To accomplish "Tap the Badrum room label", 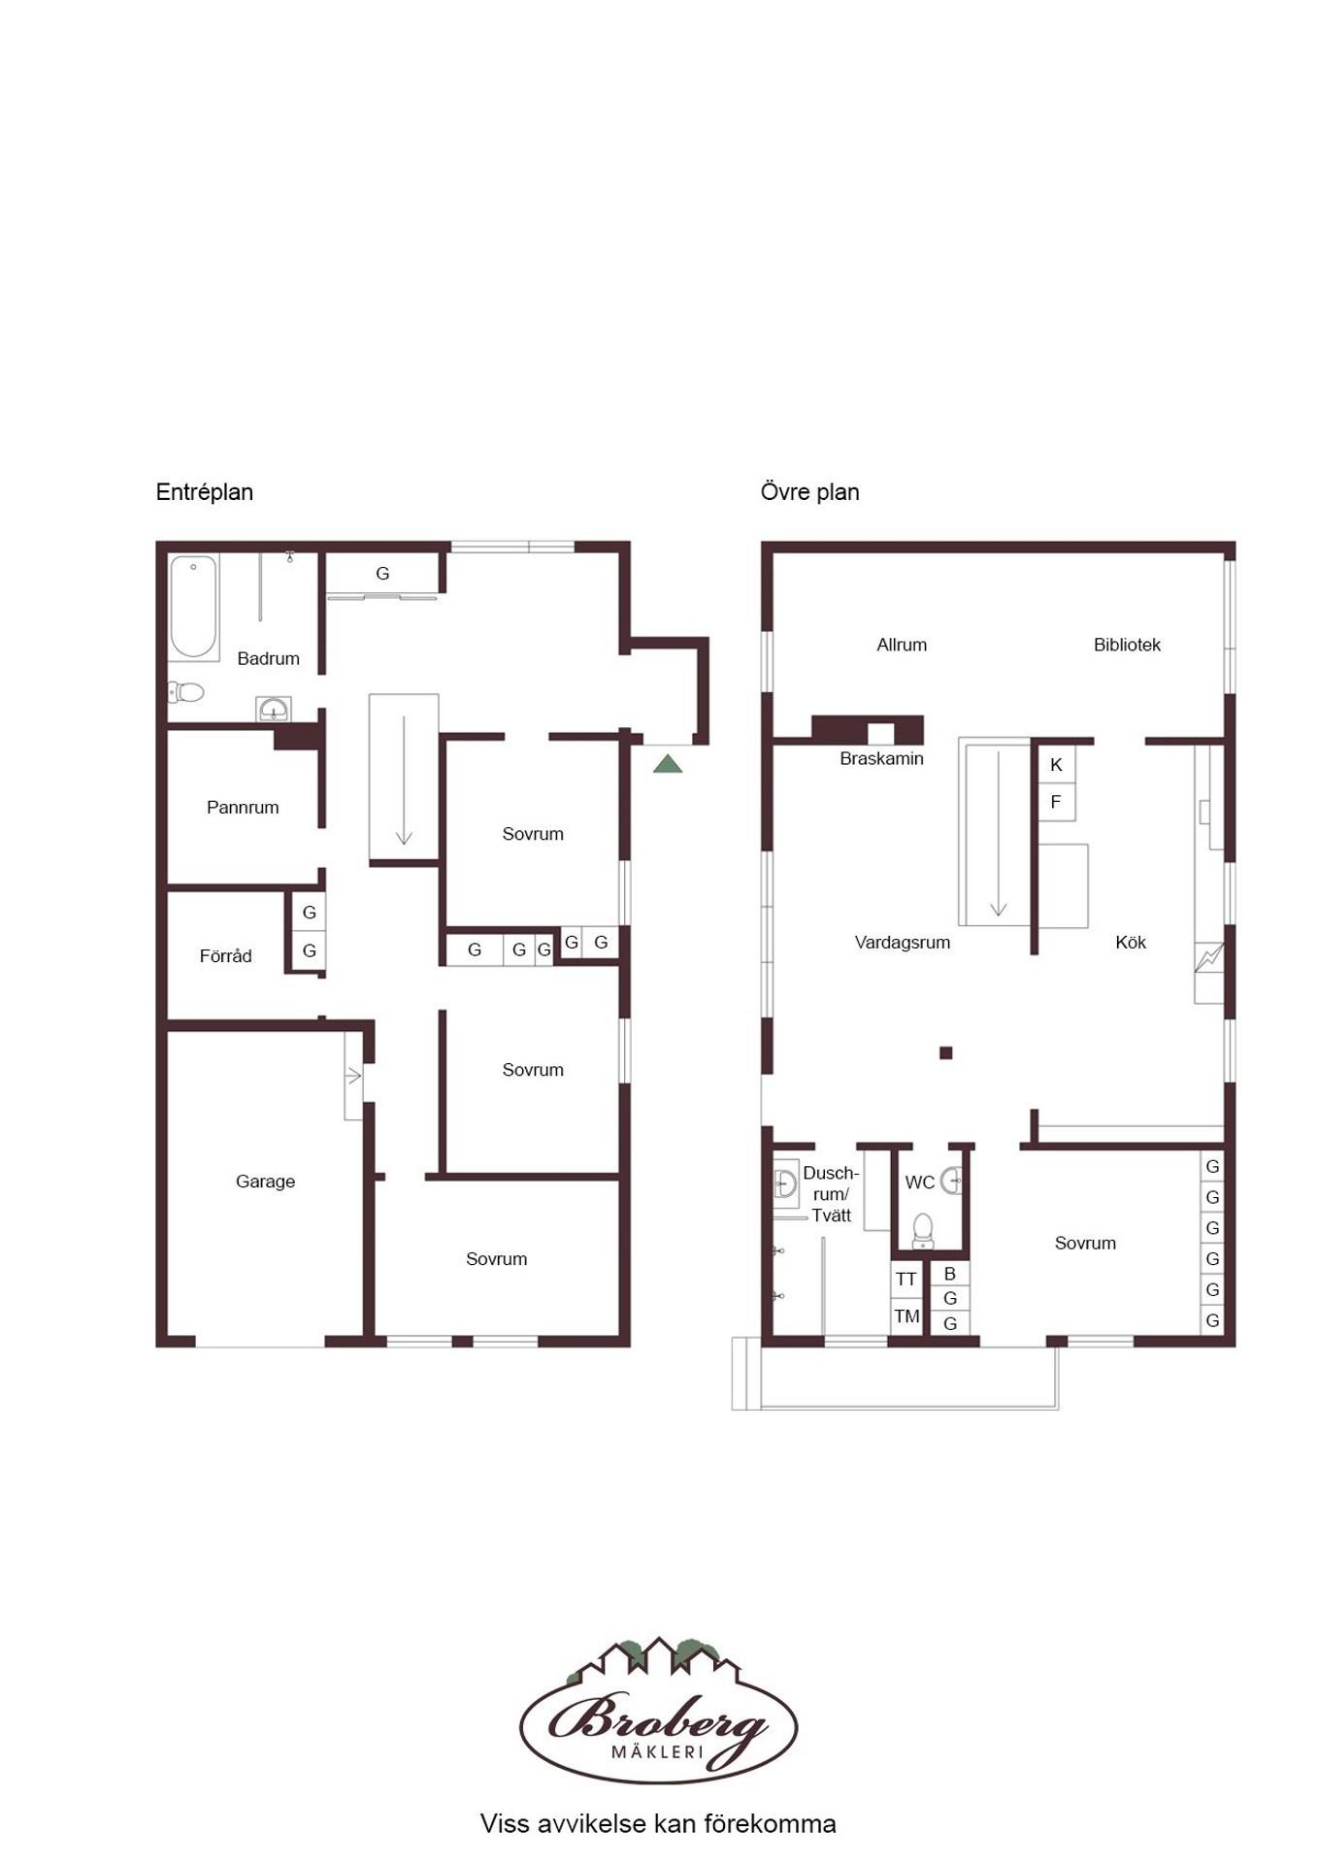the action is pos(268,658).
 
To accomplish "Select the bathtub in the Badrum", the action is pos(193,607).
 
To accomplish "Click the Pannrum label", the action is pos(243,807).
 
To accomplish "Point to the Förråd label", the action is pos(225,955).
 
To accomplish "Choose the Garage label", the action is pos(265,1181).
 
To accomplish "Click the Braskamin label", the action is pos(881,758).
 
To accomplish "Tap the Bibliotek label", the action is pos(1127,645).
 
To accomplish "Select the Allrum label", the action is pos(902,645).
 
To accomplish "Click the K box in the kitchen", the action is pos(1056,764).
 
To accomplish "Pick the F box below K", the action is pos(1056,802).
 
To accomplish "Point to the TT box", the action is pos(906,1280).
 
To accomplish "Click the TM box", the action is pos(906,1316).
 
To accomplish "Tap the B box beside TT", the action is pos(950,1273).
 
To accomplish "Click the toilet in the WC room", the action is pos(923,1230).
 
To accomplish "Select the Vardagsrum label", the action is pos(903,942).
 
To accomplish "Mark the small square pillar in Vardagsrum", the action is pos(946,1052).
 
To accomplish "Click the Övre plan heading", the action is pos(810,492).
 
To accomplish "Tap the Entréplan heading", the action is pos(205,492).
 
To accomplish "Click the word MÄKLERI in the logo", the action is pos(657,1752).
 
